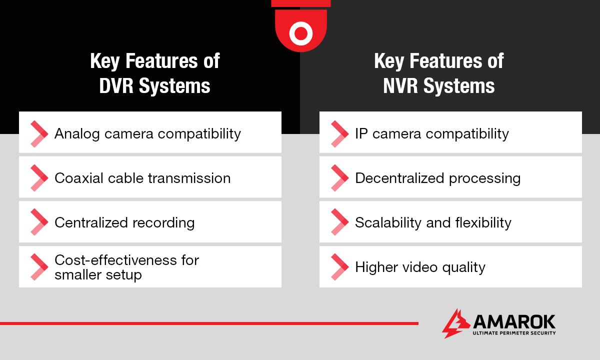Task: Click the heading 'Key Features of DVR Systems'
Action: click(x=154, y=73)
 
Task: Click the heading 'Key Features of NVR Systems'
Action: click(x=438, y=73)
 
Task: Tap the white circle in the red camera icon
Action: click(x=300, y=33)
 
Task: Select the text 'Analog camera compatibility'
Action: click(x=147, y=133)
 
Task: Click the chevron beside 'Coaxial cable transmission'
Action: click(x=38, y=178)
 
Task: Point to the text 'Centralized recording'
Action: click(x=124, y=222)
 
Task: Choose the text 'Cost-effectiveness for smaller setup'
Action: click(x=126, y=267)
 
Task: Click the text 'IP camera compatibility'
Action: click(x=431, y=133)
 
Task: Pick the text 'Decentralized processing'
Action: click(x=437, y=178)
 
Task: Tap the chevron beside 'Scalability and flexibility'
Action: click(x=339, y=222)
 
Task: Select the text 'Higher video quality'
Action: click(x=420, y=267)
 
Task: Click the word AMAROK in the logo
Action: click(x=514, y=321)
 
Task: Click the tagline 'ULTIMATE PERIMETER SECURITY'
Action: click(x=514, y=333)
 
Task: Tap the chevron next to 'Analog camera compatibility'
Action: click(x=38, y=133)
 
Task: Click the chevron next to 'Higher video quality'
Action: click(x=339, y=267)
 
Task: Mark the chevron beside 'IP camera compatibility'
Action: click(x=339, y=133)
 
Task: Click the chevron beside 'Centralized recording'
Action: click(x=38, y=222)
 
